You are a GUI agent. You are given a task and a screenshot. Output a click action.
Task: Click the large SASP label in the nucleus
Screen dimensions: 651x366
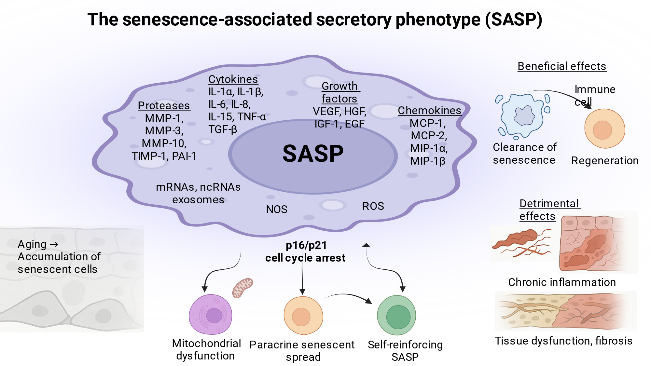(x=313, y=154)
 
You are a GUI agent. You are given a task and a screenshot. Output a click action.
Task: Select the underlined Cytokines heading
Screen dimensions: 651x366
(x=233, y=79)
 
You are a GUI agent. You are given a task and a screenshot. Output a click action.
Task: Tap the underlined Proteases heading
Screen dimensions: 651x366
(x=164, y=105)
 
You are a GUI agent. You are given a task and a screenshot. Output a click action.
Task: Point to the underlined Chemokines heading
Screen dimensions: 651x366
(x=429, y=111)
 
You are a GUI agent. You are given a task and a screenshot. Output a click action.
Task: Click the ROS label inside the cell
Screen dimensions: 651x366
(x=373, y=206)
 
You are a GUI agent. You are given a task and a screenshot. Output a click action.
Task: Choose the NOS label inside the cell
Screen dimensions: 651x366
(x=277, y=209)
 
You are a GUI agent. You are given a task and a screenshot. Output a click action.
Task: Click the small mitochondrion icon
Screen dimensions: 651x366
(x=242, y=288)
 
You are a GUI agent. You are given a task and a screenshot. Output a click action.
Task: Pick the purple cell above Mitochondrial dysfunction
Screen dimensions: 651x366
(x=211, y=315)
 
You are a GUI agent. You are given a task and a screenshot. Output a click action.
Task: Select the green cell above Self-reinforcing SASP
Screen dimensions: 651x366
(x=396, y=315)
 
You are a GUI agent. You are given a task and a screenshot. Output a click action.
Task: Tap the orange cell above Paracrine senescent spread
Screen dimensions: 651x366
(x=303, y=316)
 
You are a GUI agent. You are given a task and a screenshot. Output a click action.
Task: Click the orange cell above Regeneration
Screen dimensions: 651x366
(x=605, y=129)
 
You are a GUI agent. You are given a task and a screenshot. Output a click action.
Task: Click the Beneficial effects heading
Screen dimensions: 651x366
(x=562, y=66)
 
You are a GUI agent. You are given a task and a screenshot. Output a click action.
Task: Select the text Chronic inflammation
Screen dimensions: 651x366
(x=562, y=282)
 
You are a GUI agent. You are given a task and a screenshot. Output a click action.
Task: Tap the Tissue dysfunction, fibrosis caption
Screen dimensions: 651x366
(x=563, y=341)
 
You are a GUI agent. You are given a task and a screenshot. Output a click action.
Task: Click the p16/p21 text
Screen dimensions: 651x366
(x=306, y=245)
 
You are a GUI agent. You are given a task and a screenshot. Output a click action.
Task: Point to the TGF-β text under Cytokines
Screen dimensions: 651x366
(x=223, y=129)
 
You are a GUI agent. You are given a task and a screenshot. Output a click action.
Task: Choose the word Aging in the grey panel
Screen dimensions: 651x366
(x=32, y=244)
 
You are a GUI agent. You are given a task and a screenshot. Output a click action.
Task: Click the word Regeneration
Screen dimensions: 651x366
(x=605, y=161)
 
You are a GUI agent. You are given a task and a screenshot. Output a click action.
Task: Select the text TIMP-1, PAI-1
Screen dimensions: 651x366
(x=164, y=156)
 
